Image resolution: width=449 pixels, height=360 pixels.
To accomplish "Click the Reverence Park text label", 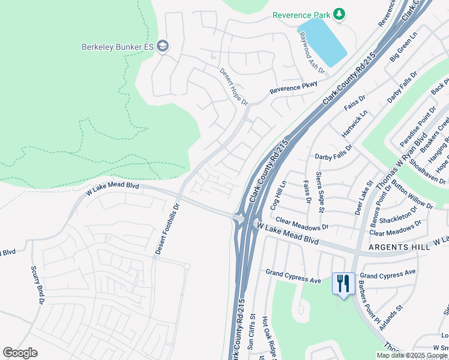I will (301, 14).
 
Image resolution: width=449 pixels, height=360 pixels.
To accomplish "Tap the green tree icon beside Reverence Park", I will (339, 13).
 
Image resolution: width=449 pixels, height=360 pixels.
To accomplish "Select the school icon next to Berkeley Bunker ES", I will (162, 46).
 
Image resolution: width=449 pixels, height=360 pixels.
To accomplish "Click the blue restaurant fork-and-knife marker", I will (343, 284).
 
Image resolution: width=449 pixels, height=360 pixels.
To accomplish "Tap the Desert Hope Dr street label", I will (233, 86).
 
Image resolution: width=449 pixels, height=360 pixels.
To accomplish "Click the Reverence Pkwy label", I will (293, 87).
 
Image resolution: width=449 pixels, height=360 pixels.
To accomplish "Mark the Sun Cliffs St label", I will (253, 335).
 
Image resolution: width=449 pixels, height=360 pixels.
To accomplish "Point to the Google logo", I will (20, 353).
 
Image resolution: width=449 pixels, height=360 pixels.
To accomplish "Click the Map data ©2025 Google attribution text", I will (411, 355).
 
